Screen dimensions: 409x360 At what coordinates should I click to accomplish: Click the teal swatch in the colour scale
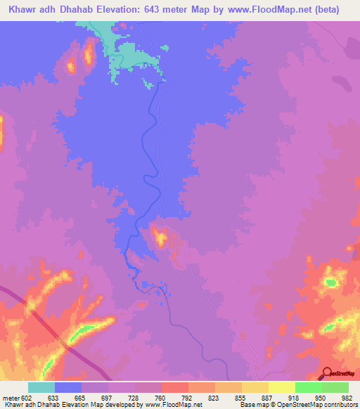coord(41,387)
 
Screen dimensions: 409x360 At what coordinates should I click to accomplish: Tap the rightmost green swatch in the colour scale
coord(335,387)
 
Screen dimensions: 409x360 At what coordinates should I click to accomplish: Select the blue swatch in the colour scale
coord(68,387)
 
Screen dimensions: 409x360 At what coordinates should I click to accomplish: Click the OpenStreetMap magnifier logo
coord(327,374)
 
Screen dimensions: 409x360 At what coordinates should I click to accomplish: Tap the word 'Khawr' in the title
coord(27,10)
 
